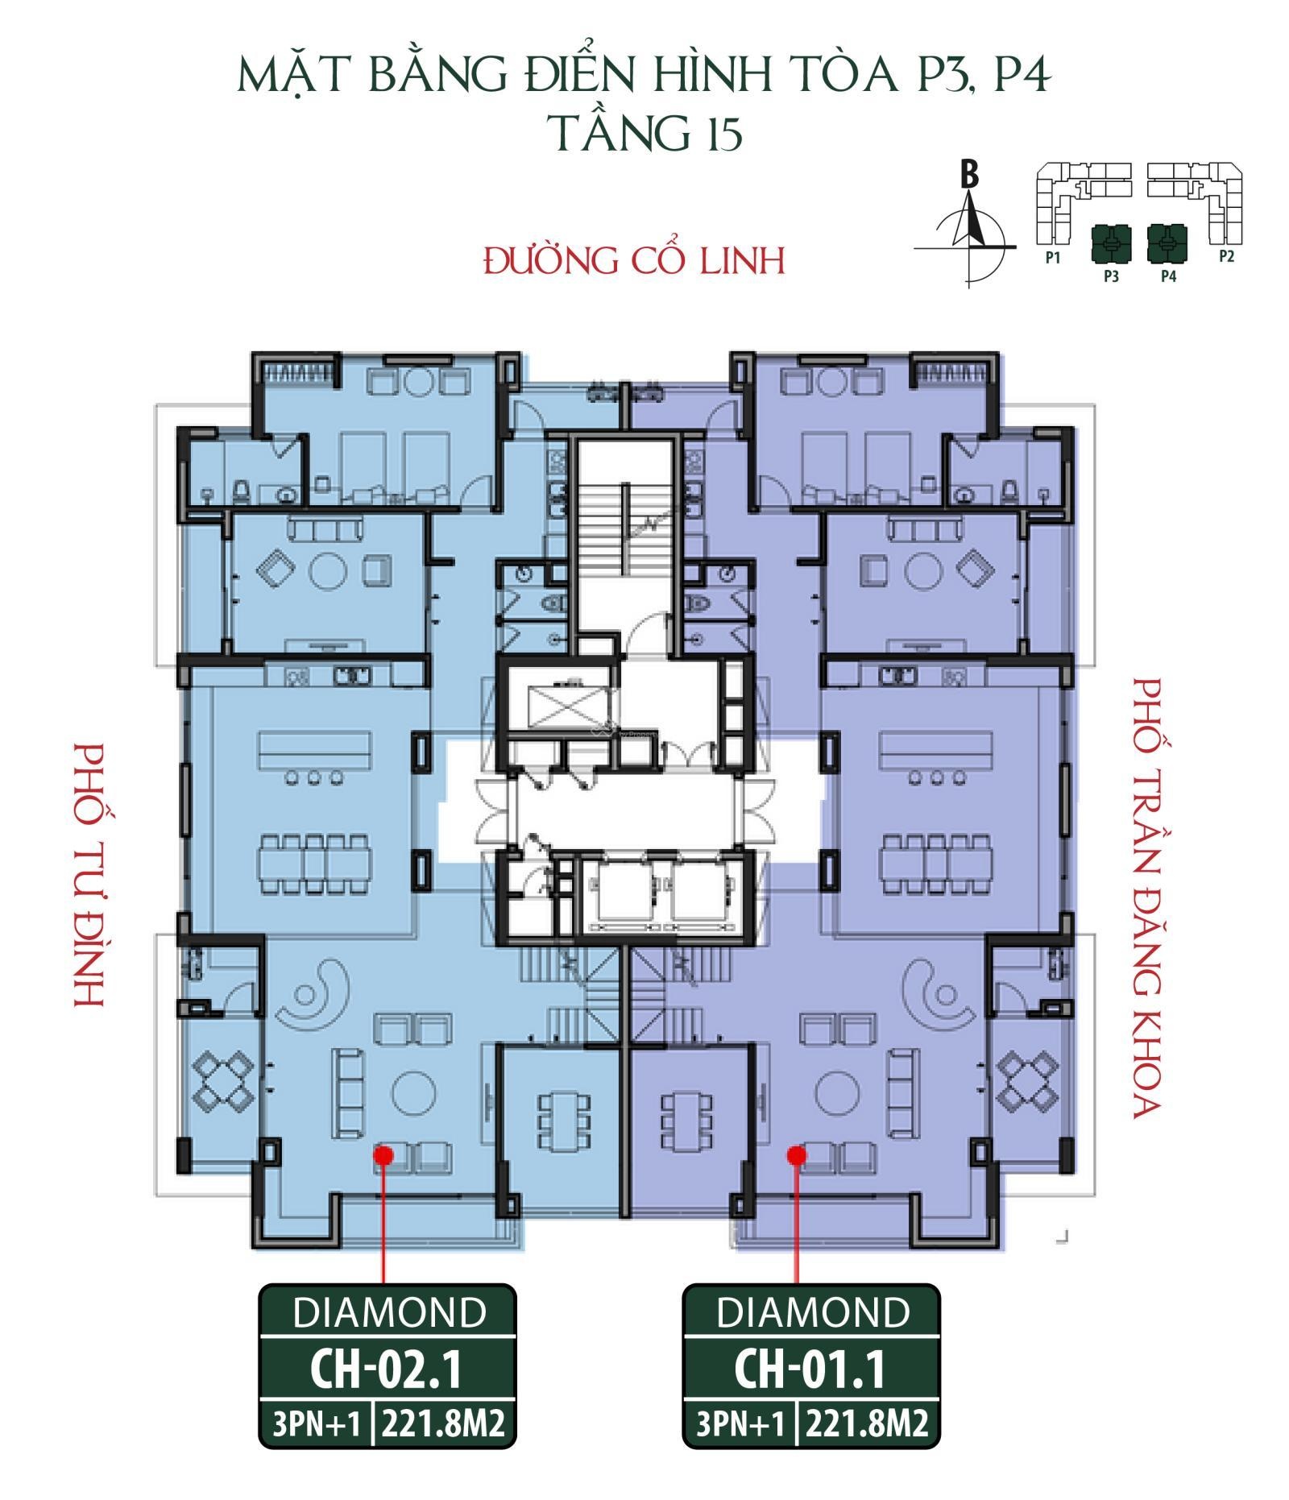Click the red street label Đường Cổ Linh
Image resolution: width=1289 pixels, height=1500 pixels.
point(634,260)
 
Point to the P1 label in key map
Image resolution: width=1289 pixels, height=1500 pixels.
point(1052,258)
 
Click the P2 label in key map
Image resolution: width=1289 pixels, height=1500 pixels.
point(1227,257)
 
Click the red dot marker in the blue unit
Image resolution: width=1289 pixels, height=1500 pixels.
point(383,1155)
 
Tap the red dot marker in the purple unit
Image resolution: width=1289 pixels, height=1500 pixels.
point(797,1155)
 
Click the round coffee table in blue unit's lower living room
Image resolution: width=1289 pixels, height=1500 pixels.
point(414,1095)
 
